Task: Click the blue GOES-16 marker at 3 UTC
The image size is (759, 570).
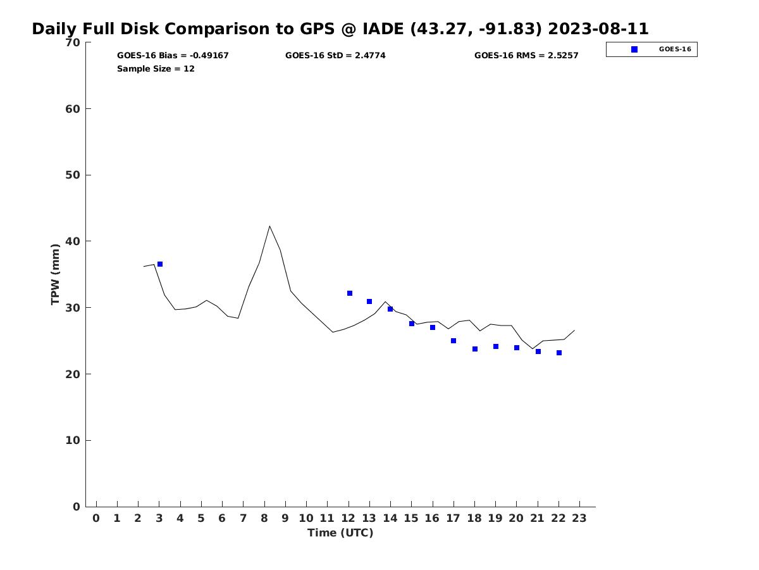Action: [160, 264]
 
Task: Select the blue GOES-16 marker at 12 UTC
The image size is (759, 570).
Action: [350, 293]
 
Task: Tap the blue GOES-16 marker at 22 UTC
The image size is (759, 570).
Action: [559, 353]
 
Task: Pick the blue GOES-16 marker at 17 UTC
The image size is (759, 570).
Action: [454, 341]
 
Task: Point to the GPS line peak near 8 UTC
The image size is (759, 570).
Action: [269, 226]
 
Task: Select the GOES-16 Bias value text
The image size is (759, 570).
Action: [173, 56]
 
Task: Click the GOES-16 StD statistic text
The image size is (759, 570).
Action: [335, 56]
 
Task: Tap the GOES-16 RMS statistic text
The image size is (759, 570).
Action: [526, 56]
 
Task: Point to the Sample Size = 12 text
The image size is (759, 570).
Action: [156, 69]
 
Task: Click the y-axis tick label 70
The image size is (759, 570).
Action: [73, 42]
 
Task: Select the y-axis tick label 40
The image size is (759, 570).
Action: [73, 241]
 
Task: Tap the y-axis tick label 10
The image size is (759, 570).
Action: [73, 440]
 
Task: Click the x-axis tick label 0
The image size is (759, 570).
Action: [96, 518]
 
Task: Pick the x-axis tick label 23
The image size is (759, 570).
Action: [579, 518]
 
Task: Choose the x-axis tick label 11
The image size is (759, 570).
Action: [327, 518]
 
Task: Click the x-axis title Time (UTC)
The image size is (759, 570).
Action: [340, 533]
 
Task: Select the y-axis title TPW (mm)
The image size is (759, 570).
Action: [56, 274]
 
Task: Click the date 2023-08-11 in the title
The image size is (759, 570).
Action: [598, 29]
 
